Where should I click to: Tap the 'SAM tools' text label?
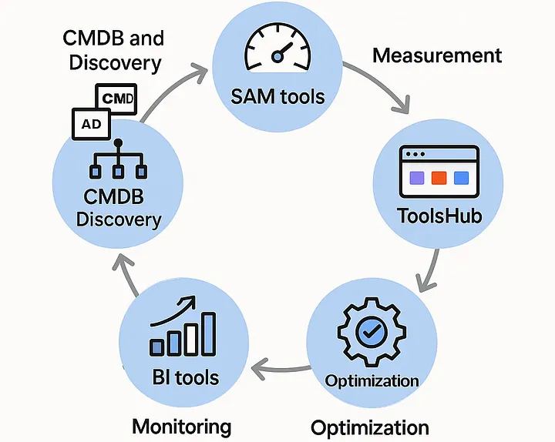277,97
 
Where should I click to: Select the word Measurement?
437,55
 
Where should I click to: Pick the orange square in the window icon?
438,179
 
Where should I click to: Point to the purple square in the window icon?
416,179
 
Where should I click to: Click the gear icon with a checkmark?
372,333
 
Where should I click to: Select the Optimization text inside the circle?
372,381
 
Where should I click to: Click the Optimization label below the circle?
369,427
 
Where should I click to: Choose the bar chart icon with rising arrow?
184,328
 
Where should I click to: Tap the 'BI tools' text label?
184,377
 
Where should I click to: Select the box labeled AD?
90,123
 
